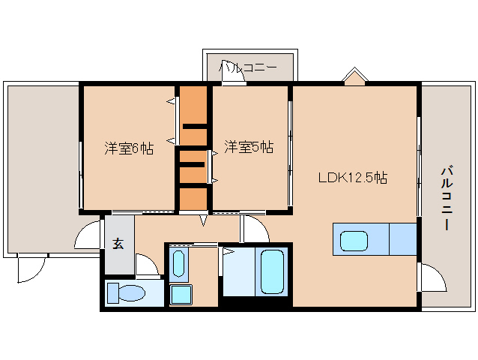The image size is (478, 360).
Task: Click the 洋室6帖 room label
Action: click(x=129, y=148)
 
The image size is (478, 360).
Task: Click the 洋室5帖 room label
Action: click(x=249, y=147)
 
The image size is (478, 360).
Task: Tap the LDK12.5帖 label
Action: click(x=352, y=178)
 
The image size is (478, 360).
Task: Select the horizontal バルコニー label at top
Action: click(x=248, y=68)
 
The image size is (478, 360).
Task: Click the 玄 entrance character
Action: click(x=118, y=243)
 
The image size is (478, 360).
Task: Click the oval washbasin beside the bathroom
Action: click(x=178, y=263)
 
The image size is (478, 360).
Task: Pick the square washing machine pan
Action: click(x=181, y=294)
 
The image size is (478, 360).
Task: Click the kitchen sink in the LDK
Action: click(x=354, y=241)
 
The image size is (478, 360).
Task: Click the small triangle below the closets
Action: click(x=203, y=220)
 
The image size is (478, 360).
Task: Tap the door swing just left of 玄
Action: click(x=88, y=234)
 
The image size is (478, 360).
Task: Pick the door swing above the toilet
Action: click(x=147, y=266)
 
